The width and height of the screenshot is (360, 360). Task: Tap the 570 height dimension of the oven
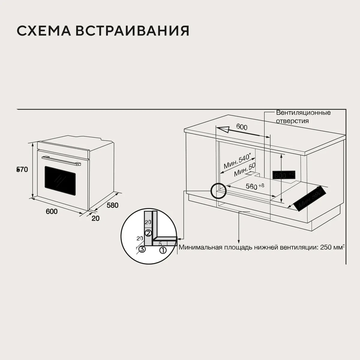coord(22,170)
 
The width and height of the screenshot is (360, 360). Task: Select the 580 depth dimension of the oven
coord(112,205)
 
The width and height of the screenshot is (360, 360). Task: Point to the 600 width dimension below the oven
coord(52,211)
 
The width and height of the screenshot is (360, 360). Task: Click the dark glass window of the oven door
coord(60,180)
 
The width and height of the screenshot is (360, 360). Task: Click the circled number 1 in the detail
coord(162,250)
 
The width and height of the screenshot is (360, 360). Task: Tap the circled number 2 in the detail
coord(148,233)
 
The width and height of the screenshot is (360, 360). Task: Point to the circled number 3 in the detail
coord(142,249)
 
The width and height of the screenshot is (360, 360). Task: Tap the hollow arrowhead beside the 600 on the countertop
coord(223,130)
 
